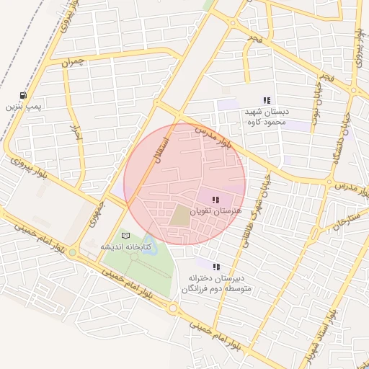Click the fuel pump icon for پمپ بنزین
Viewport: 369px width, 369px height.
[x=25, y=95]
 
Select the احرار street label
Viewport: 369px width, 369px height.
[x=74, y=132]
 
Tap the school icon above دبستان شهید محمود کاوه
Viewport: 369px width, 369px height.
[x=267, y=101]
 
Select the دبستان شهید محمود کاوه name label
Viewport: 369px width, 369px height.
[x=266, y=117]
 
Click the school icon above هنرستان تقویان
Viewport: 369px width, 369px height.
[x=215, y=200]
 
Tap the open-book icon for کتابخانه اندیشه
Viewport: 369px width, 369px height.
[x=126, y=236]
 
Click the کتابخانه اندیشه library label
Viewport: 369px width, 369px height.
[x=126, y=247]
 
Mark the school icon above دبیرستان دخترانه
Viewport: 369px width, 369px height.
[x=216, y=267]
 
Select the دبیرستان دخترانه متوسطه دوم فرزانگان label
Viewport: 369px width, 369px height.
[x=216, y=283]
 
